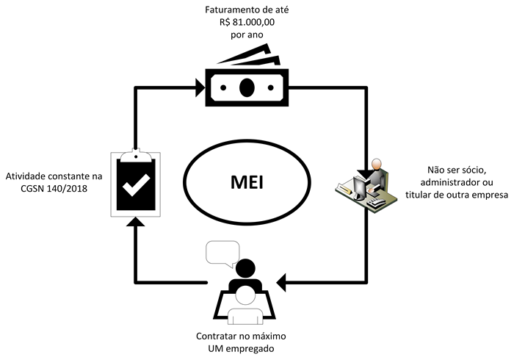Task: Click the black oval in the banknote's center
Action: pyautogui.click(x=247, y=87)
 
